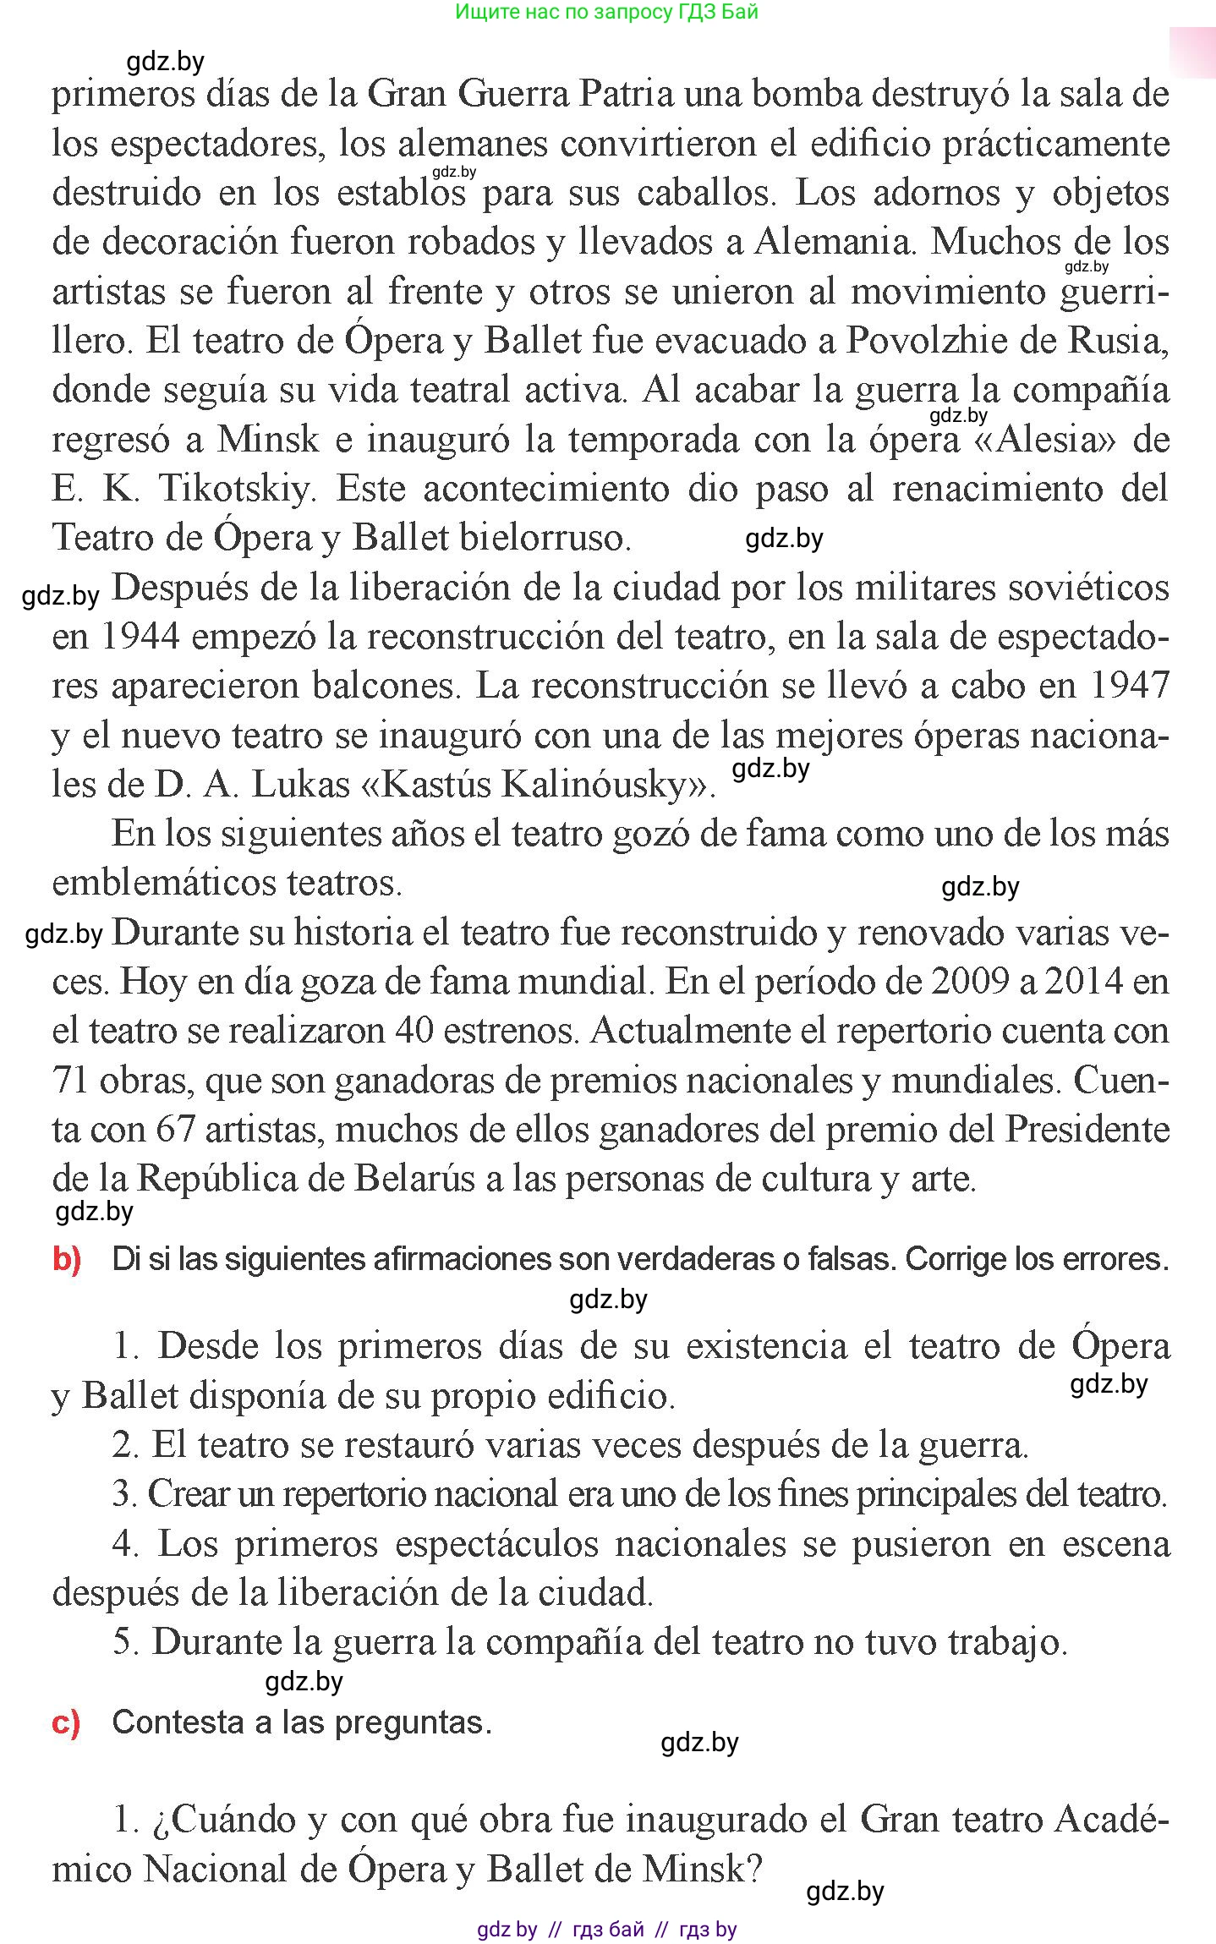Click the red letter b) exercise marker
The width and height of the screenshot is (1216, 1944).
pos(67,1259)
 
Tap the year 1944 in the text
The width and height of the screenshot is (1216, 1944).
pos(140,637)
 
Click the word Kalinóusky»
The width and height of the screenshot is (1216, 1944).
pos(608,785)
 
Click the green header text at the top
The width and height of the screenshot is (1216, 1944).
pos(606,12)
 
